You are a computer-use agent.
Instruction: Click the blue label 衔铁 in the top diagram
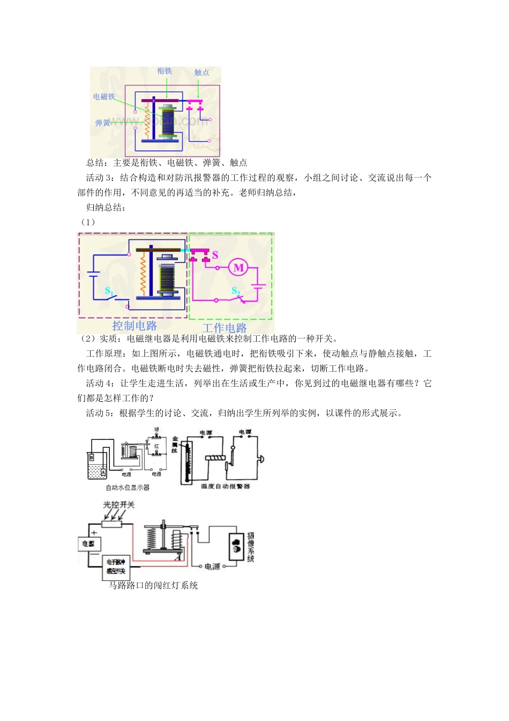tap(164, 71)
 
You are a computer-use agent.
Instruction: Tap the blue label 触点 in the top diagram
tap(201, 72)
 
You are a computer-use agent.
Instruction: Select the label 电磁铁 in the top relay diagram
tap(104, 97)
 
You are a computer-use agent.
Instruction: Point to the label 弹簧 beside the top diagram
tap(102, 123)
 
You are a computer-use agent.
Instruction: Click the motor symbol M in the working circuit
tap(239, 267)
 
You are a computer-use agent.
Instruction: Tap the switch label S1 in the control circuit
tap(109, 291)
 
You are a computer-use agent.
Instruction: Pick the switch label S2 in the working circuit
tap(236, 291)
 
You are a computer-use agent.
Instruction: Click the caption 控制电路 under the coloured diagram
tap(134, 326)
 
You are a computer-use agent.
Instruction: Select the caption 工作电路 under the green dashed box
tap(224, 328)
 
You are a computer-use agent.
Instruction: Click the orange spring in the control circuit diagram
tap(143, 274)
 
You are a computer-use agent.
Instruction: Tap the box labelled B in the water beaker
tap(92, 457)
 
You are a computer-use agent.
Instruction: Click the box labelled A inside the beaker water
tap(103, 473)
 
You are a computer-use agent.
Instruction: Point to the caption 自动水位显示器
tap(128, 488)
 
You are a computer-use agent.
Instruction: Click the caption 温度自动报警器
tap(225, 486)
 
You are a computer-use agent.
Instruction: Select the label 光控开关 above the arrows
tap(118, 505)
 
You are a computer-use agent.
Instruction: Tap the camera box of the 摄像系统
tap(237, 547)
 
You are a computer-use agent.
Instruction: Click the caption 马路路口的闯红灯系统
tap(153, 585)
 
